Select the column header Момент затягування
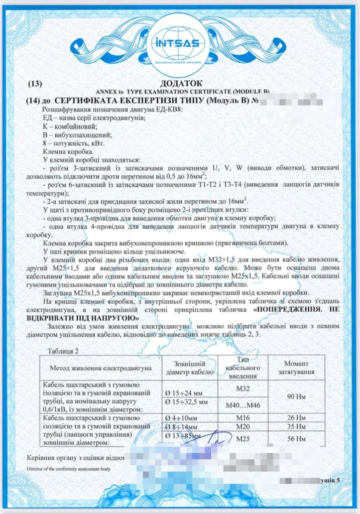click(x=299, y=368)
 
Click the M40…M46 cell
click(x=243, y=405)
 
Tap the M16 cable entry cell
click(x=243, y=418)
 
